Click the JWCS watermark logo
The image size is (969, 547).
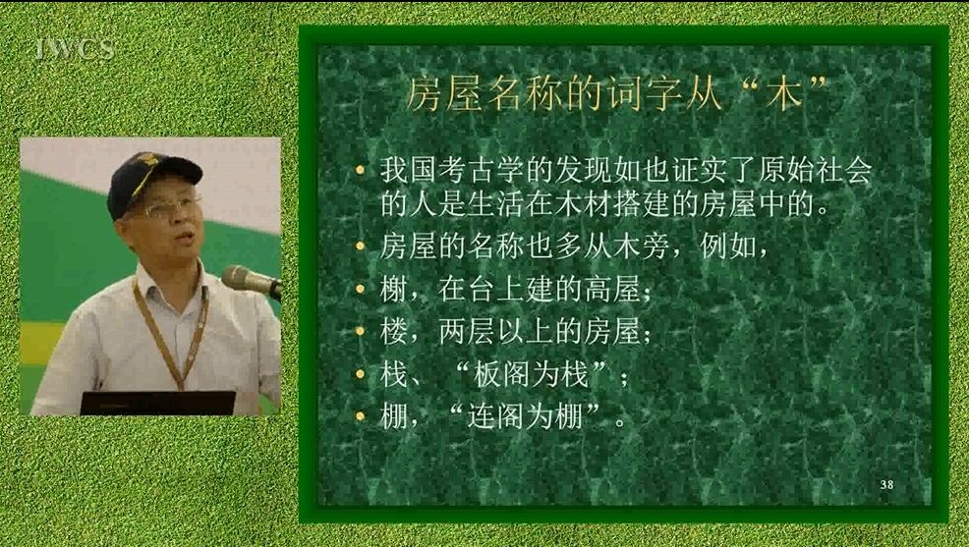(x=75, y=49)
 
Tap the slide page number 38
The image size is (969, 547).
(x=886, y=485)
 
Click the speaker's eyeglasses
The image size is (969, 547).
(x=170, y=207)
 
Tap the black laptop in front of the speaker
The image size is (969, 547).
(x=158, y=403)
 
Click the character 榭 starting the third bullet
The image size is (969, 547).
(x=393, y=289)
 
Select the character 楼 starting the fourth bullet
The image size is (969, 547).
(x=393, y=332)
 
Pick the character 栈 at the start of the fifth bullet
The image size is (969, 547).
(x=393, y=374)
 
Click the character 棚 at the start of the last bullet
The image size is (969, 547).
(x=393, y=416)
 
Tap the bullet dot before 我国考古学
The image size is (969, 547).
(x=361, y=171)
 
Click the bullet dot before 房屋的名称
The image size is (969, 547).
(x=361, y=246)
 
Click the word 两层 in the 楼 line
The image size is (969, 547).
(x=466, y=332)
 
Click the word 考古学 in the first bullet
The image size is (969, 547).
(x=481, y=171)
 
